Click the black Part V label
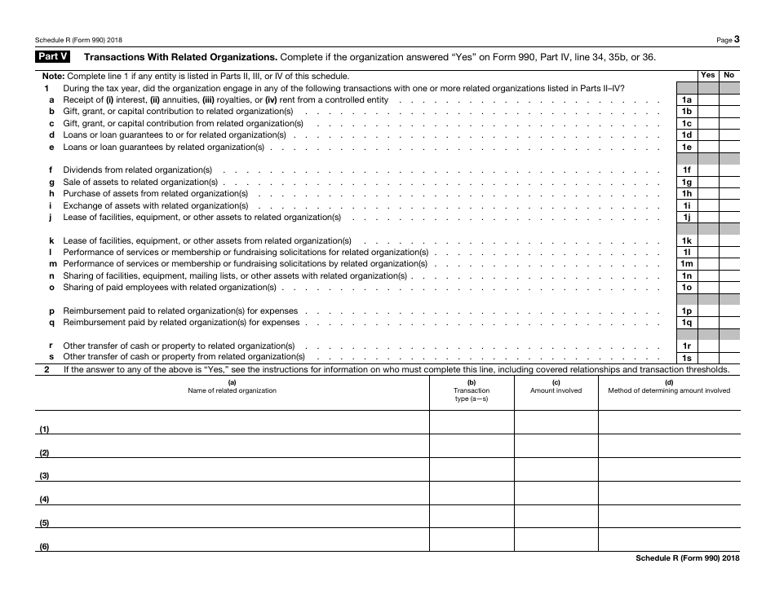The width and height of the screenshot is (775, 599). [53, 57]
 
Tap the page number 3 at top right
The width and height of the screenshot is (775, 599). [737, 38]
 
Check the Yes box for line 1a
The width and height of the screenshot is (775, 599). [708, 99]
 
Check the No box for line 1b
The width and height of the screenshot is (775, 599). [729, 112]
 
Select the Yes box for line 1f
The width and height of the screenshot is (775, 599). [708, 170]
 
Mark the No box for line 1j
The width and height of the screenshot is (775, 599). [729, 218]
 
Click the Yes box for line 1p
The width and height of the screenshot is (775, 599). [708, 311]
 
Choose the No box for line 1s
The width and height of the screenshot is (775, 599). [729, 358]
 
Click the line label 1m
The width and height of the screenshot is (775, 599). [687, 264]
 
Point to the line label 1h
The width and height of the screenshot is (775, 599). [687, 194]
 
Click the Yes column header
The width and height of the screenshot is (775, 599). [708, 75]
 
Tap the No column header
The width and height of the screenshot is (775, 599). [729, 75]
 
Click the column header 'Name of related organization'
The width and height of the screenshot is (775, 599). [232, 390]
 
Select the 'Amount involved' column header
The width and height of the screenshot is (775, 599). [556, 390]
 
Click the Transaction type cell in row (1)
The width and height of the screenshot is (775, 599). [472, 422]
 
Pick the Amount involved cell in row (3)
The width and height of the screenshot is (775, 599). [556, 469]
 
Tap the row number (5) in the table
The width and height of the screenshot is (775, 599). [45, 523]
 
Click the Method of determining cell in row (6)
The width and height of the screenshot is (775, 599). [669, 540]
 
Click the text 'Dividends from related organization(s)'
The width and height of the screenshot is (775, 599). [138, 170]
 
